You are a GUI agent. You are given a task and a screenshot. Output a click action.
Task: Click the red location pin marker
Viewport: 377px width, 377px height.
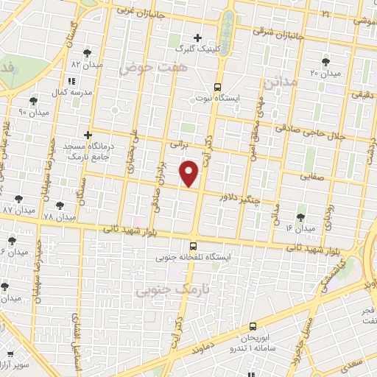(x=191, y=173)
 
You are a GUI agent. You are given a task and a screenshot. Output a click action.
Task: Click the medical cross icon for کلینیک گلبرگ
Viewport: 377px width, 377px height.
(x=197, y=38)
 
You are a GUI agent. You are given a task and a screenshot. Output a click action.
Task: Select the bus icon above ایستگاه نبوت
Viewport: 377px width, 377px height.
(x=218, y=85)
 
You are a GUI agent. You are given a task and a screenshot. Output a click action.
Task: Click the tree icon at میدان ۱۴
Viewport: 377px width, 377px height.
(x=300, y=217)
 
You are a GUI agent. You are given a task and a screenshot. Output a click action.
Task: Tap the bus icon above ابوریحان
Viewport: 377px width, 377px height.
(x=253, y=325)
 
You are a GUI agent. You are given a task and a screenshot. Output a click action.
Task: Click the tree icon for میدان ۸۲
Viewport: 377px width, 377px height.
(x=88, y=53)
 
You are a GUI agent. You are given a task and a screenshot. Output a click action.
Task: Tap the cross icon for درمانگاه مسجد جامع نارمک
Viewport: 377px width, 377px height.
(x=88, y=135)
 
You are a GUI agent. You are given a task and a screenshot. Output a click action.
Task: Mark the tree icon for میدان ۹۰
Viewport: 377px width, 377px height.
(x=33, y=101)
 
